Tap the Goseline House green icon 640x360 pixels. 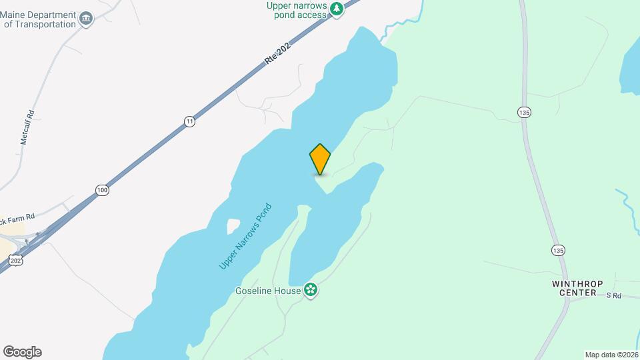pyautogui.click(x=310, y=290)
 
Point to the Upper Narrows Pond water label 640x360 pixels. pyautogui.click(x=245, y=236)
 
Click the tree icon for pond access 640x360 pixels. pyautogui.click(x=338, y=8)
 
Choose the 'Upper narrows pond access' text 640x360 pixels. pyautogui.click(x=297, y=11)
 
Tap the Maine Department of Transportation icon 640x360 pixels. pyautogui.click(x=85, y=19)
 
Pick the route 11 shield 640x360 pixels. pyautogui.click(x=190, y=121)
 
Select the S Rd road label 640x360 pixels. pyautogui.click(x=613, y=295)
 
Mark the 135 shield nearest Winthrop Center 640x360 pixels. pyautogui.click(x=559, y=250)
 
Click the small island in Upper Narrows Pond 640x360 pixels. pyautogui.click(x=233, y=226)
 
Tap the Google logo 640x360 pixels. pyautogui.click(x=22, y=352)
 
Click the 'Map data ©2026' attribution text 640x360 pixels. pyautogui.click(x=611, y=355)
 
